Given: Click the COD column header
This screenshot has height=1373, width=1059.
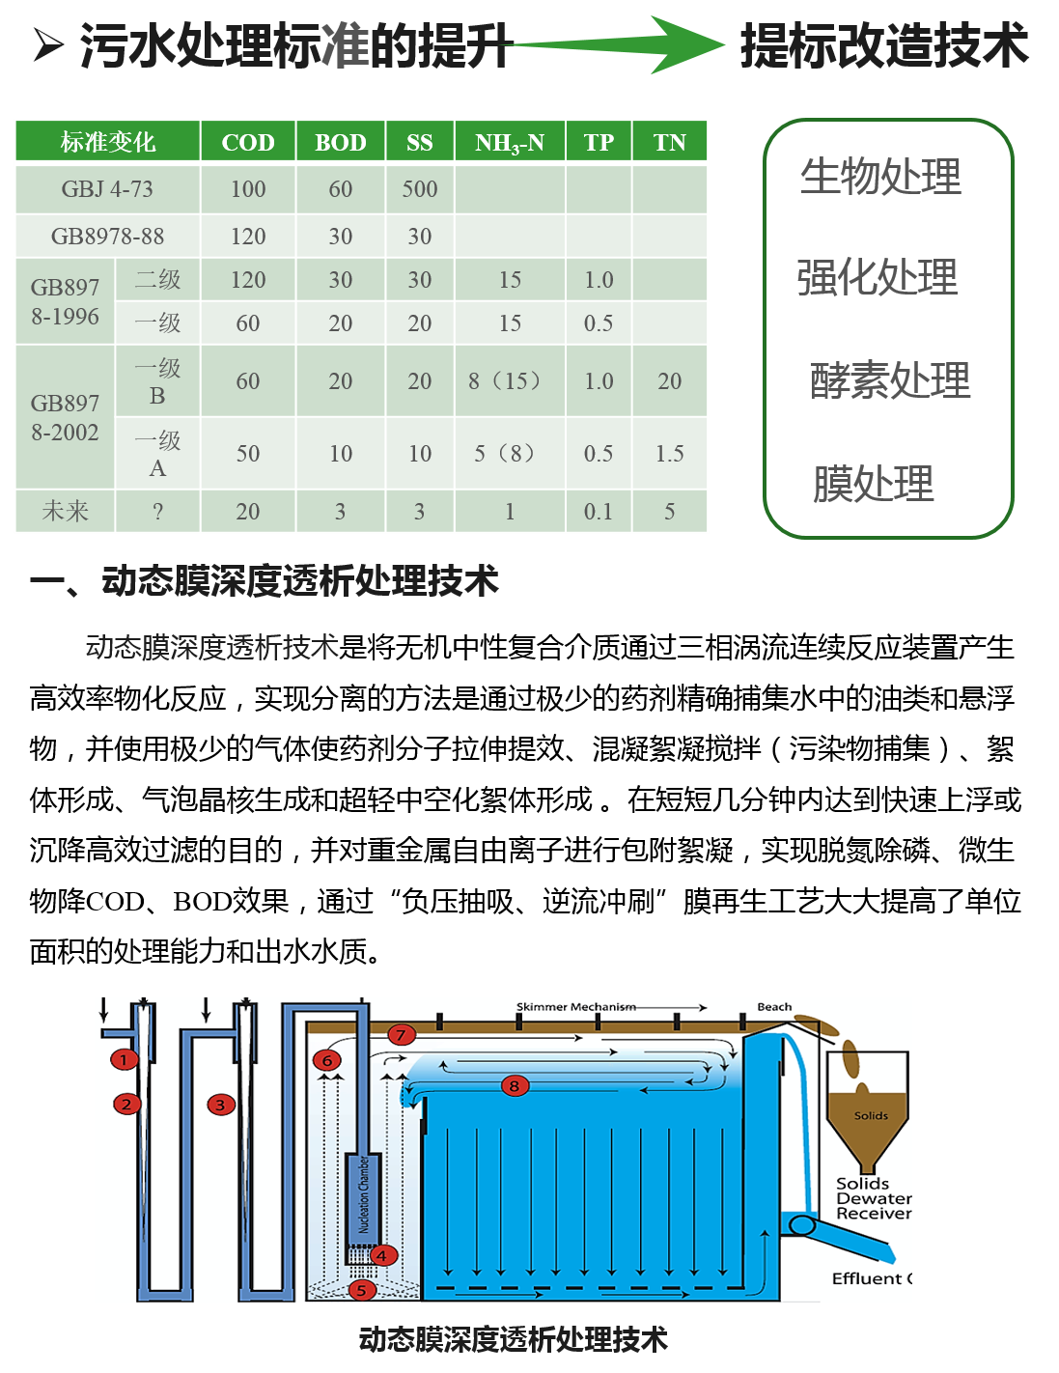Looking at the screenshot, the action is [x=248, y=141].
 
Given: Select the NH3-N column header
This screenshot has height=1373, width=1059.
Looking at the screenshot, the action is [x=510, y=141].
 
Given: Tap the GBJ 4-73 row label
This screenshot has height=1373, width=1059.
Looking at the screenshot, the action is [x=107, y=189].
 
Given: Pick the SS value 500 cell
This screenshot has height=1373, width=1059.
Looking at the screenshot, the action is [x=419, y=189].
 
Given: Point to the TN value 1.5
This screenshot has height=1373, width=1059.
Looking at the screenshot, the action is [x=669, y=453].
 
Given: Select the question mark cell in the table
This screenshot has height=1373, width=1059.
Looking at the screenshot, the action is [x=157, y=511].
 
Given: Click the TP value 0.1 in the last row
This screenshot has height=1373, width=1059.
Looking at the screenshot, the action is [x=598, y=511].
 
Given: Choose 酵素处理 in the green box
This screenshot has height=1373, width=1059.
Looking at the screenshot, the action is [x=890, y=380].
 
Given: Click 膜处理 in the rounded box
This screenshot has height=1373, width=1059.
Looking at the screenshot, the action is [x=873, y=484].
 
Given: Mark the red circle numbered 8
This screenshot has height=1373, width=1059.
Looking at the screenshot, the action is [x=515, y=1086].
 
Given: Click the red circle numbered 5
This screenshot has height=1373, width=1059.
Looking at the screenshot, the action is [x=362, y=1290].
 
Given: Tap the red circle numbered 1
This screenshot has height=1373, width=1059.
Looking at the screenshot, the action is [x=124, y=1059].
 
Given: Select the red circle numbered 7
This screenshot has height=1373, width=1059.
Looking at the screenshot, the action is [x=401, y=1035].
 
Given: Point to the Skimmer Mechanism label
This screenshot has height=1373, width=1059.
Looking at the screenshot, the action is [x=576, y=1006].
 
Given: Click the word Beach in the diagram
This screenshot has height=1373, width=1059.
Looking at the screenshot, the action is [x=774, y=1006].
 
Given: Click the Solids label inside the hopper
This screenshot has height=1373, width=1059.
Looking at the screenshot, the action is [x=871, y=1115].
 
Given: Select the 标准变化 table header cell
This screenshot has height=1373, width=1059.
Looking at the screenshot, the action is [x=107, y=141].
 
